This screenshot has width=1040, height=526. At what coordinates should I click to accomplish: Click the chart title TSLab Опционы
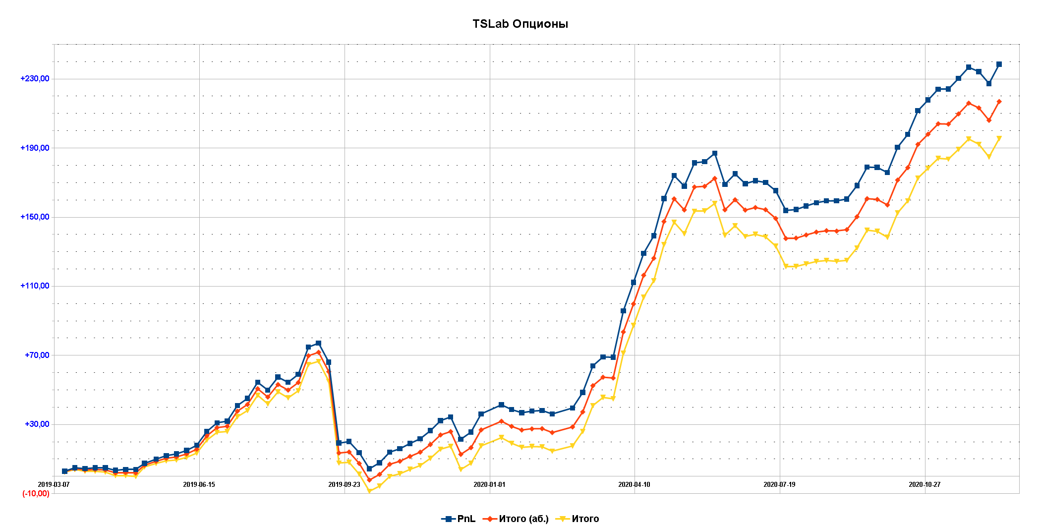pos(520,24)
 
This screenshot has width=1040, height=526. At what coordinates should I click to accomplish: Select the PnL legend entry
pos(459,519)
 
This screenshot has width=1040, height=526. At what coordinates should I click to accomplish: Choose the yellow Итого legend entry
pos(578,519)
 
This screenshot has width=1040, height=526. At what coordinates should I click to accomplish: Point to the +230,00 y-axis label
pos(35,78)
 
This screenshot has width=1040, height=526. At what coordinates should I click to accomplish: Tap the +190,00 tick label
pos(35,148)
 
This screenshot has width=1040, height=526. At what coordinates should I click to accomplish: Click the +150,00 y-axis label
pos(35,217)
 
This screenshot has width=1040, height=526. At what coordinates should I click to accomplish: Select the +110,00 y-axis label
pos(35,286)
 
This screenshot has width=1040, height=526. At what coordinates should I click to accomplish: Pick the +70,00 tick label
pos(37,355)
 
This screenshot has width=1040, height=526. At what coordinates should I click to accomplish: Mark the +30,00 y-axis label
pos(37,424)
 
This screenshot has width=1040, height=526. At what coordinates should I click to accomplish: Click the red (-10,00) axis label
pos(36,493)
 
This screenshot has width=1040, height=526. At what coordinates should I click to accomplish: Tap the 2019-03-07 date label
pos(54,484)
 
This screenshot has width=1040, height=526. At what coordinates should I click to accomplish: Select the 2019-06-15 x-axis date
pos(199,484)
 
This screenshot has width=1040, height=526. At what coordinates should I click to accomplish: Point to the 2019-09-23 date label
pos(344,484)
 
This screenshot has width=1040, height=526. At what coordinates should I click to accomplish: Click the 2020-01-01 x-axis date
pos(489,484)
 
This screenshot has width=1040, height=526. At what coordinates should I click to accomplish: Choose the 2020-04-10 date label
pos(634,484)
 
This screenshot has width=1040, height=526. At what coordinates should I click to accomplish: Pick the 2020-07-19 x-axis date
pos(779,484)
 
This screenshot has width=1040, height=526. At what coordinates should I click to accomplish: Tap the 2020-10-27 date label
pos(924,484)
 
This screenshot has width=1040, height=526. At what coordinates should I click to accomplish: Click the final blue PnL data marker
pos(999,64)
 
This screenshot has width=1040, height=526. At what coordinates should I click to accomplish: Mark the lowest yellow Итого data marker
pos(369,491)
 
